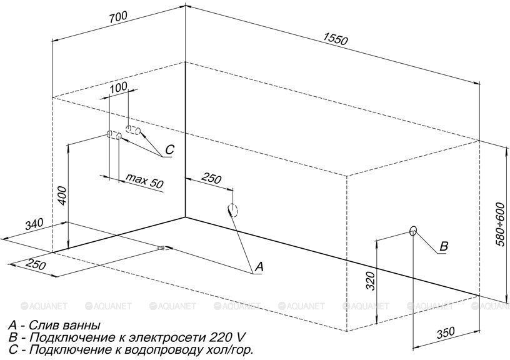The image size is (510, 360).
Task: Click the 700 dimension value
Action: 118,17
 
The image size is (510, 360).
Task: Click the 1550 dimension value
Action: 336,39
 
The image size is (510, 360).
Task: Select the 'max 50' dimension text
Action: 144,181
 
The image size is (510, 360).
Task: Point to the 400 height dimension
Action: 62,196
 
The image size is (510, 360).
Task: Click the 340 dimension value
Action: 34,224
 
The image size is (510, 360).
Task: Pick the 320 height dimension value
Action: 371,281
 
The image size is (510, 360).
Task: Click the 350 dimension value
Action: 445,333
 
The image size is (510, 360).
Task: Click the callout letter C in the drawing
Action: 169,149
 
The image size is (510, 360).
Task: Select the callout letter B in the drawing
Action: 444,246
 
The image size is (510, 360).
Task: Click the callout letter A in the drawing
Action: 259,267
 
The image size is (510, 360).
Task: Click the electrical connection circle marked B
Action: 413,231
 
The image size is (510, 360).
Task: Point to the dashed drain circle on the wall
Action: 233,210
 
